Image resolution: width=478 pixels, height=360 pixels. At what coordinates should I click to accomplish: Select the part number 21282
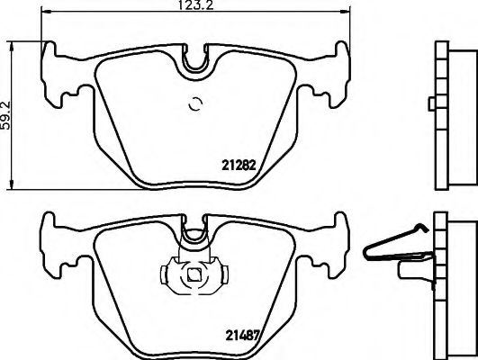pos(239,166)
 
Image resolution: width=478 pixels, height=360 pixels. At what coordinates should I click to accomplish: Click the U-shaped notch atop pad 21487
pos(194,236)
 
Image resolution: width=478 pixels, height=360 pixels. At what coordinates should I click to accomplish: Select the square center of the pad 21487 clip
pos(193,275)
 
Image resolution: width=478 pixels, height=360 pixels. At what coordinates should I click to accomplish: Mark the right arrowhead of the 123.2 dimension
pos(348,13)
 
